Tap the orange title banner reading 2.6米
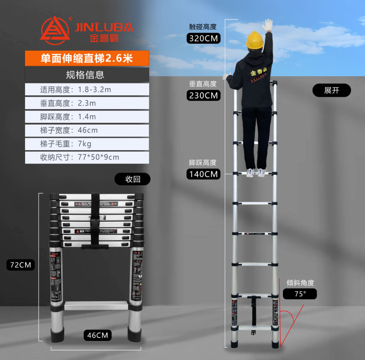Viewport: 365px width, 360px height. (87, 58)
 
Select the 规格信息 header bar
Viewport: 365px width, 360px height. (87, 74)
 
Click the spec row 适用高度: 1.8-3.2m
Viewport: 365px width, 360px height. (87, 89)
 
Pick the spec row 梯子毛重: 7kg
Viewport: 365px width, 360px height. (87, 144)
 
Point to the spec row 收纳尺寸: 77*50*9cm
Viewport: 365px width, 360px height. (87, 157)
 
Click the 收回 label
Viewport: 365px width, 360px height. (132, 179)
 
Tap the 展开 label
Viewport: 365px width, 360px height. (332, 90)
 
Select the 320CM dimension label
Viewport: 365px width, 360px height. (203, 38)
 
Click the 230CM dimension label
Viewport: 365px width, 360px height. (203, 95)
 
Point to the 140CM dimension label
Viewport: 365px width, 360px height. (203, 174)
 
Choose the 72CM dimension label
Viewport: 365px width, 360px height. (21, 265)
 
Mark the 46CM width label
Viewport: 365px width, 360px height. (98, 335)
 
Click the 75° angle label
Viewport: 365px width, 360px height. (300, 294)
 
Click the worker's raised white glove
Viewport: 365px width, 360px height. (268, 25)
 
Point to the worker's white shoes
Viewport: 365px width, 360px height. (256, 172)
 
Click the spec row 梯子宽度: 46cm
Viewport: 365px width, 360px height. (87, 130)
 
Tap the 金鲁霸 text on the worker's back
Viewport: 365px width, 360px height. (259, 73)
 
